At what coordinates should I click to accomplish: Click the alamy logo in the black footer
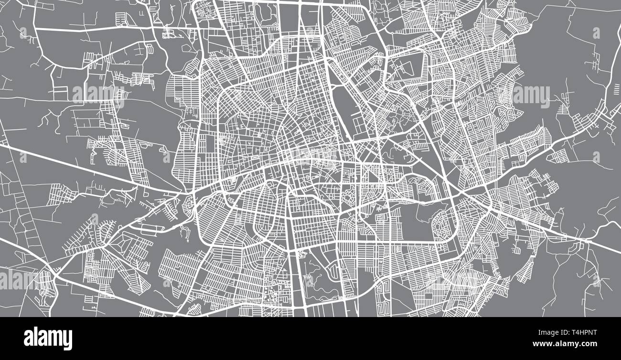(48, 338)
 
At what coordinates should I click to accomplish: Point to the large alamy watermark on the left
(99, 95)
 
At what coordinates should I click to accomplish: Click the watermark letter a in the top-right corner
(596, 32)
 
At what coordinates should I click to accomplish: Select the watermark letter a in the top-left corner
(23, 32)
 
